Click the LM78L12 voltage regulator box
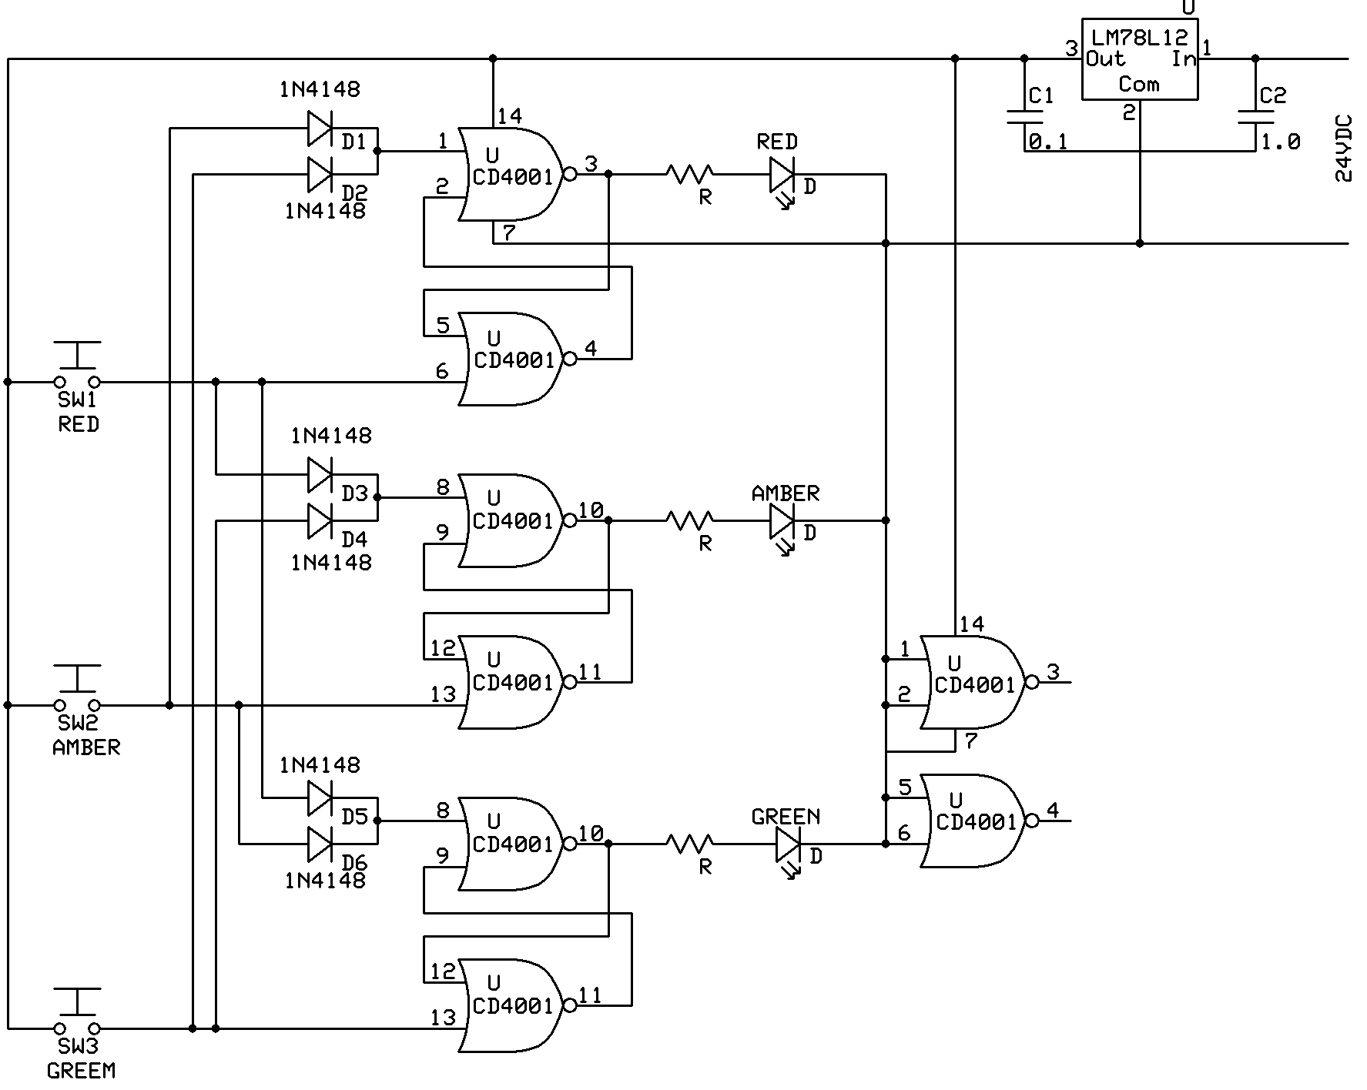pos(1140,59)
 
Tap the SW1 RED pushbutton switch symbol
pos(77,365)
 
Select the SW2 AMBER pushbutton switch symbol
pos(77,688)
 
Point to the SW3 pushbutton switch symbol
pos(77,1011)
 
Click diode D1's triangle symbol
pos(320,129)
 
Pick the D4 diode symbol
pos(320,521)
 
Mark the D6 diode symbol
pos(320,844)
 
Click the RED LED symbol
pos(782,181)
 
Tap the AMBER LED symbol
pos(782,527)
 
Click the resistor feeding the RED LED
pos(690,175)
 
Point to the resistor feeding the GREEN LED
pos(690,844)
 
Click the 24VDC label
pos(1343,148)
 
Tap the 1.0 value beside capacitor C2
pos(1281,142)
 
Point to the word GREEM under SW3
pos(81,1070)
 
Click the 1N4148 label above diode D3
pos(331,436)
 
